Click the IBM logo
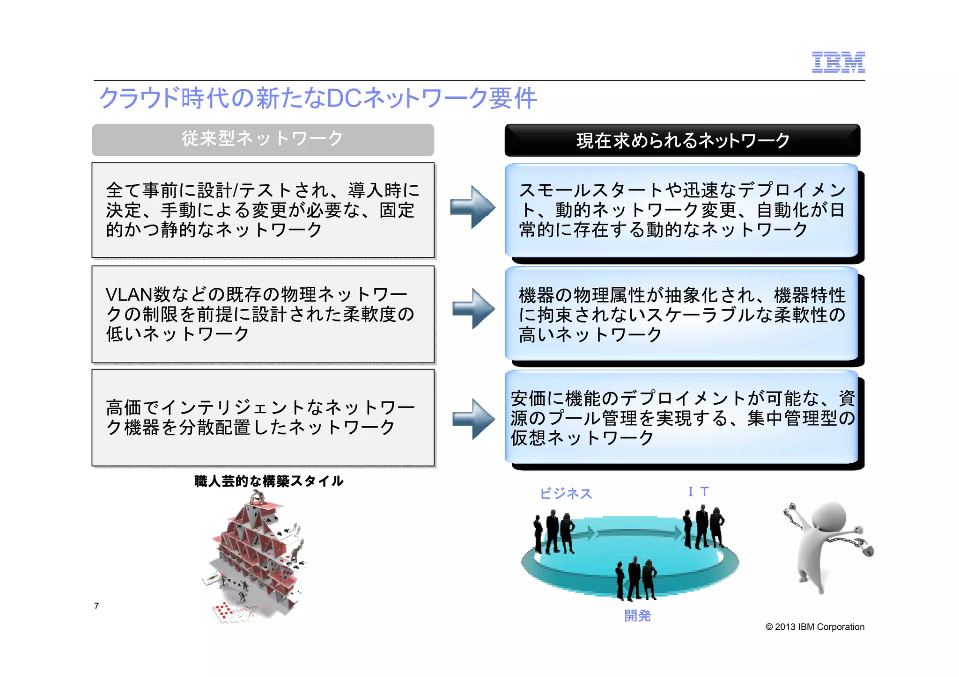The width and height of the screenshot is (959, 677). click(838, 62)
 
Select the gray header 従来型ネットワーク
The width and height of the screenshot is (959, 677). click(263, 139)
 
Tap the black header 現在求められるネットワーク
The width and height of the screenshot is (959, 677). click(682, 140)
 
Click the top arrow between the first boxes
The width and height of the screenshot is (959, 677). click(472, 207)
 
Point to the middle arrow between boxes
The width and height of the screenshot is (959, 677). click(473, 309)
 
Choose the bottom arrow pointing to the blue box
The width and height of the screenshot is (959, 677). click(473, 419)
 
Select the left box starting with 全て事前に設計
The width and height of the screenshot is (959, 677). click(263, 210)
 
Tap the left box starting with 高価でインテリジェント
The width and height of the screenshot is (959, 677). click(263, 417)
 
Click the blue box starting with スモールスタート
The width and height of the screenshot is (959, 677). click(681, 210)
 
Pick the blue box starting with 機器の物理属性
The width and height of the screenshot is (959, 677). click(681, 314)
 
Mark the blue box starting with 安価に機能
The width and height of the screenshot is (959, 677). click(681, 418)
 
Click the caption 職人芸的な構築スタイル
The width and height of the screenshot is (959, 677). click(269, 481)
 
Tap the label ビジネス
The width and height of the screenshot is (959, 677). click(566, 494)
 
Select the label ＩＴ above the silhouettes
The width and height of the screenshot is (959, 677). click(698, 492)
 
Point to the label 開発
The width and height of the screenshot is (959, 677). click(637, 616)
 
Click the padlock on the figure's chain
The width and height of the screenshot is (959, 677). click(867, 550)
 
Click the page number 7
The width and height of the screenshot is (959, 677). click(96, 606)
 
